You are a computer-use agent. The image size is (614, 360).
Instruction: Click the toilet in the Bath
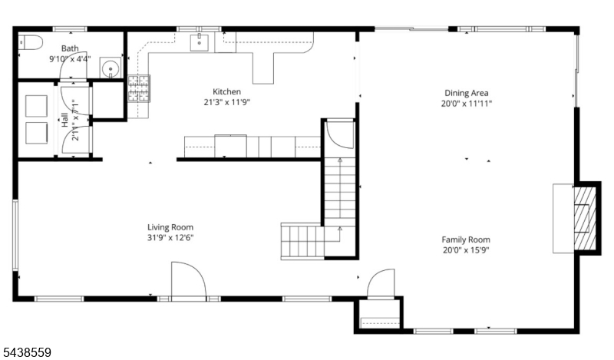click(x=30, y=42)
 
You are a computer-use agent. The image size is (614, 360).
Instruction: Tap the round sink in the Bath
click(x=111, y=68)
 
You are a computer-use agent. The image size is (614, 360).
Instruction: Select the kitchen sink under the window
click(x=200, y=42)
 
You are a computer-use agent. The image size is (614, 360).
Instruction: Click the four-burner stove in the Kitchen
click(x=139, y=88)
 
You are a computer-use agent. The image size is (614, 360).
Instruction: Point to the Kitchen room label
click(x=226, y=91)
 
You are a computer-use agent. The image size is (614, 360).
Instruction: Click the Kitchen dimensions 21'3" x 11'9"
click(x=226, y=102)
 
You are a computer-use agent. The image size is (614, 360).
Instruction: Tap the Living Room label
click(x=170, y=227)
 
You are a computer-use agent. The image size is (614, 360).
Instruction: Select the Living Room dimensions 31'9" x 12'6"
click(x=170, y=238)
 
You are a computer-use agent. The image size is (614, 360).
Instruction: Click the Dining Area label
click(x=467, y=93)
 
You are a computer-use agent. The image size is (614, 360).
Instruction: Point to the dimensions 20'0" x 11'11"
click(x=467, y=104)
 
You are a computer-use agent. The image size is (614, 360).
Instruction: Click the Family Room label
click(x=466, y=239)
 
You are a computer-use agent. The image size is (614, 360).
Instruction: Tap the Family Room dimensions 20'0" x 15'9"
click(x=466, y=250)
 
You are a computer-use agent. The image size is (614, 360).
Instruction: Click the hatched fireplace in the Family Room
click(x=586, y=219)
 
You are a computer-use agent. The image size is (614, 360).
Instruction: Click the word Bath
click(x=70, y=48)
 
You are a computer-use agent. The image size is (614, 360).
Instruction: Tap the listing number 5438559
click(x=26, y=352)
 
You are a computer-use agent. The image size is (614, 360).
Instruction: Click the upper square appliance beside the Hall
click(x=36, y=106)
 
